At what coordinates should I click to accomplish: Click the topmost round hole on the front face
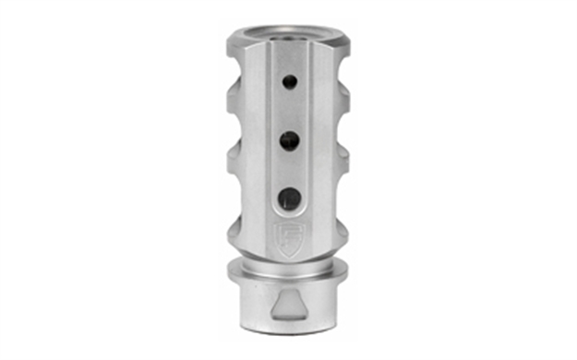(289, 81)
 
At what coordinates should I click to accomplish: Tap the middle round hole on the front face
(289, 139)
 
